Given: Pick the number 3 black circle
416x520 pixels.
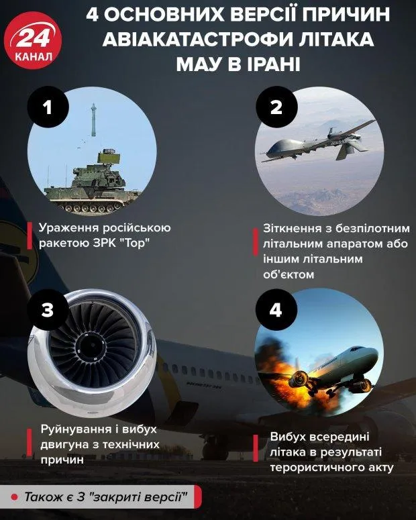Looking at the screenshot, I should point(47,311).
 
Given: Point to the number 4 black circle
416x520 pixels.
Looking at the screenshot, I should point(276,311).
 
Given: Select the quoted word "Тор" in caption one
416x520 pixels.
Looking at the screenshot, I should point(134,243).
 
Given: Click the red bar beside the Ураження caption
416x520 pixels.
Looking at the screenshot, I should point(31,235).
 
